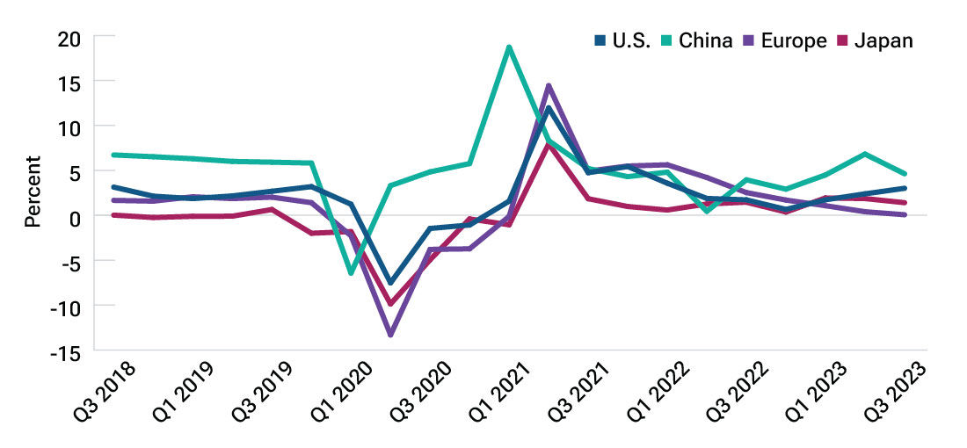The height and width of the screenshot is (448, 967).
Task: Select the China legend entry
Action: tap(700, 41)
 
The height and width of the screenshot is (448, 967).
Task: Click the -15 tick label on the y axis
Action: tap(67, 350)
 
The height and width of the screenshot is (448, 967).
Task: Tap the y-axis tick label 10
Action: tap(70, 126)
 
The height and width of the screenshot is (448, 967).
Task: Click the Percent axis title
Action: tap(33, 191)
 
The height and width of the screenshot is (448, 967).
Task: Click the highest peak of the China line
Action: tap(509, 47)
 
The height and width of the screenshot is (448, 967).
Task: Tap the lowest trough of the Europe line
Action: tap(390, 335)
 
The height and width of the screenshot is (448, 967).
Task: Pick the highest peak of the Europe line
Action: tap(549, 86)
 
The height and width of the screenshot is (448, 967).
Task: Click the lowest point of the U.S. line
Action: tap(390, 283)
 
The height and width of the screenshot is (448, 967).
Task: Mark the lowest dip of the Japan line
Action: tap(390, 304)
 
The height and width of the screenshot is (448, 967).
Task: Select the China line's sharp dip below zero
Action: tap(352, 273)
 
